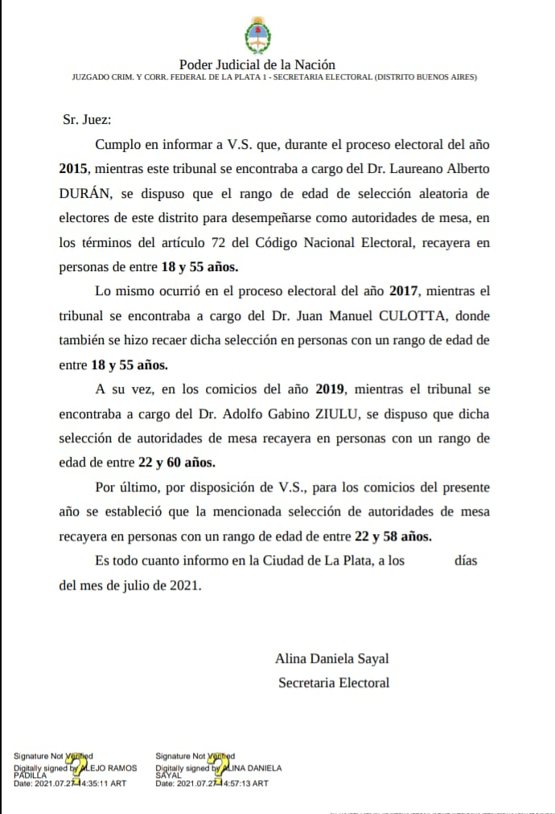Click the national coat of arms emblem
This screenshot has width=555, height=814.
[257, 35]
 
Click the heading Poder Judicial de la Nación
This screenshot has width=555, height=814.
[257, 64]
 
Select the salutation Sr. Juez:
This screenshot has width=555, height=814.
[87, 120]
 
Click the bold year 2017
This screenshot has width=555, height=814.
[404, 290]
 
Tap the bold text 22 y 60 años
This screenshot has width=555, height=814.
[176, 462]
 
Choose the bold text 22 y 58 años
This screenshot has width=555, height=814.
[393, 536]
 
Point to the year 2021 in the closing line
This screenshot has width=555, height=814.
[184, 585]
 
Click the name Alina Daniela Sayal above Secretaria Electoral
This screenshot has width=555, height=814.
[332, 659]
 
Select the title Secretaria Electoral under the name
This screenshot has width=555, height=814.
[334, 683]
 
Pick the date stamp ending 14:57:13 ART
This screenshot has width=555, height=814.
[212, 783]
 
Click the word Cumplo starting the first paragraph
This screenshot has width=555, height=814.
[117, 145]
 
